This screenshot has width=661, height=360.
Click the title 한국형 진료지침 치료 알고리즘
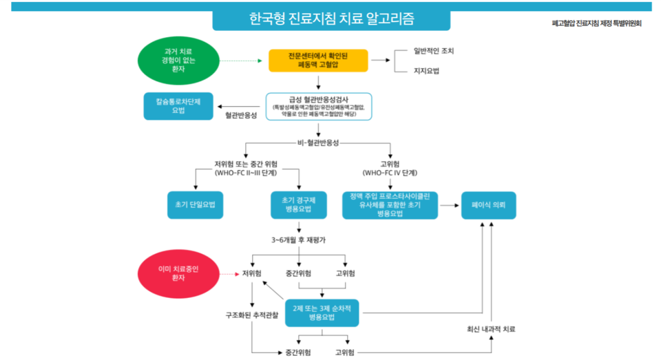click(330, 19)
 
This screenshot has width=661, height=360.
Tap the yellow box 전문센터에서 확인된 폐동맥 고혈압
click(318, 60)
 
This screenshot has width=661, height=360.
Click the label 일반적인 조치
click(434, 51)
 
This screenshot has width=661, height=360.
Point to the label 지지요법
click(426, 71)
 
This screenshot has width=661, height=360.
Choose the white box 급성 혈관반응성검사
click(318, 107)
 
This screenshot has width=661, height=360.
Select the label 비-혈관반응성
click(318, 142)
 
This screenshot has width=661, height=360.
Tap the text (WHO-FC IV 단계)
click(390, 173)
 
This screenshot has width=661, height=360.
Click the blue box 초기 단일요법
click(196, 204)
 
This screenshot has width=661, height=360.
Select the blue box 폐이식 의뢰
click(488, 204)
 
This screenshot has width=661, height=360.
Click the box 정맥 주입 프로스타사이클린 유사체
click(390, 204)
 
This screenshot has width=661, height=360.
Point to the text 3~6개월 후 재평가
click(298, 240)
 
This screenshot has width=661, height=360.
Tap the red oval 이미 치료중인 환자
click(178, 273)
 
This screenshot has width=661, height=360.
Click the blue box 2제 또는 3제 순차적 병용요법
click(322, 313)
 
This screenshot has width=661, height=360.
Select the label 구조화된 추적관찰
click(252, 315)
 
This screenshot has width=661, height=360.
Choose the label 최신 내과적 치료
click(491, 329)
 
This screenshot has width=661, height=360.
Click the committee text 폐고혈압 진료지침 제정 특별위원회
click(596, 23)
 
